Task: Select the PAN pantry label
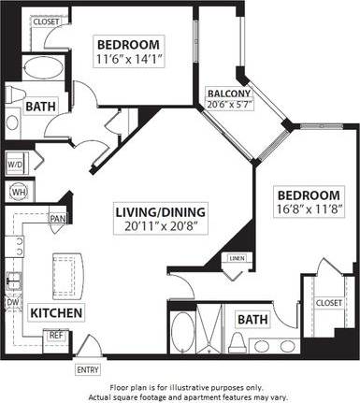(x=58, y=220)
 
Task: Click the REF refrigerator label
(x=55, y=334)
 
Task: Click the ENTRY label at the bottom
(x=88, y=369)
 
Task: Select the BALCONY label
(x=227, y=93)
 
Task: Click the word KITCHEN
(x=56, y=311)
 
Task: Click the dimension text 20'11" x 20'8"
(x=154, y=225)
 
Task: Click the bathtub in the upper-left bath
(x=40, y=68)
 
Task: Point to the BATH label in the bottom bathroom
(x=252, y=320)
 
